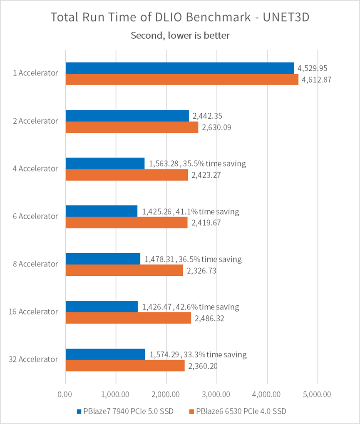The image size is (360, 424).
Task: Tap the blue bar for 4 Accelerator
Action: (x=105, y=163)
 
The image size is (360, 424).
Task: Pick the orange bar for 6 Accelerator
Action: (x=127, y=222)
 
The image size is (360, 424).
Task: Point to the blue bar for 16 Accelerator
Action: (x=102, y=307)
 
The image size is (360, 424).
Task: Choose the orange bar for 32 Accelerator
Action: (x=125, y=365)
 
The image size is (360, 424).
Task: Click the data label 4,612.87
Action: (x=317, y=80)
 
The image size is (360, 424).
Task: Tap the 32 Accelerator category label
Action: (x=33, y=359)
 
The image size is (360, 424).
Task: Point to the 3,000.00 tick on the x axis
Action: (x=217, y=394)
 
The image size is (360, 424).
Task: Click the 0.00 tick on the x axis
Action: (x=65, y=394)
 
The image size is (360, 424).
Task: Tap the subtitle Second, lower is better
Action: (x=180, y=35)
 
